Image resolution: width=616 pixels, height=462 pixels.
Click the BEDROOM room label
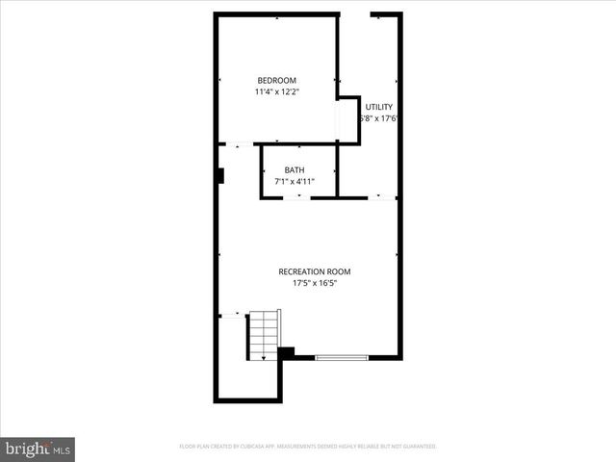[275, 80]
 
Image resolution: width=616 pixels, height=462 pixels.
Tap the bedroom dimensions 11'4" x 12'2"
[276, 92]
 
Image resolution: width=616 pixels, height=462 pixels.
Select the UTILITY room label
[378, 107]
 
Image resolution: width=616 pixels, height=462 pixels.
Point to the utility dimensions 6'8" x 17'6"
[378, 119]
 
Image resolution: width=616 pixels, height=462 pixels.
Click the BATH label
[294, 169]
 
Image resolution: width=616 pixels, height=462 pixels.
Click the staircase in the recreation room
[264, 334]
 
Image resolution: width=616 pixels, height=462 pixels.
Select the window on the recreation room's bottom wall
[342, 358]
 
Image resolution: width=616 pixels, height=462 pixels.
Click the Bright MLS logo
[38, 449]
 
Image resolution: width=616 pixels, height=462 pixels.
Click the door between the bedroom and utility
[338, 121]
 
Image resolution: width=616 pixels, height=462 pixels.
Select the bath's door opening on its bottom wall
[297, 197]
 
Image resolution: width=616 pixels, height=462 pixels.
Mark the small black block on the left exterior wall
[220, 176]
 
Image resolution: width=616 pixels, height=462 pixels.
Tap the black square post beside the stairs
[286, 353]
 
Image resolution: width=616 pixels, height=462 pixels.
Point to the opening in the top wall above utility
[355, 14]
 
